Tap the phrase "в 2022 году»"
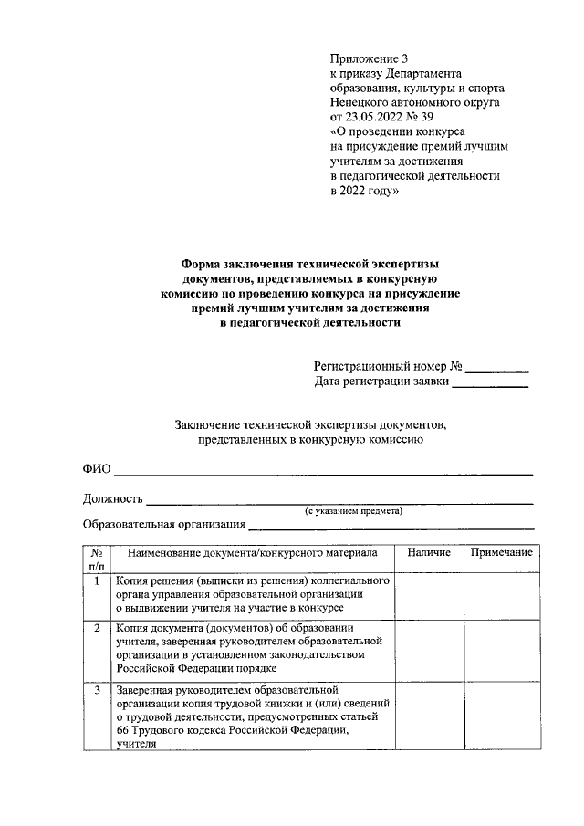[363, 193]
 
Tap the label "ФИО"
[96, 469]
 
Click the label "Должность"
[113, 498]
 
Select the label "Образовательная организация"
[163, 524]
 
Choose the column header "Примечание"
[501, 553]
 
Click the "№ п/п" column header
[97, 559]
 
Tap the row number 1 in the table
[97, 580]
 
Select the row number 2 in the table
[97, 628]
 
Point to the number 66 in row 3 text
[123, 730]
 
